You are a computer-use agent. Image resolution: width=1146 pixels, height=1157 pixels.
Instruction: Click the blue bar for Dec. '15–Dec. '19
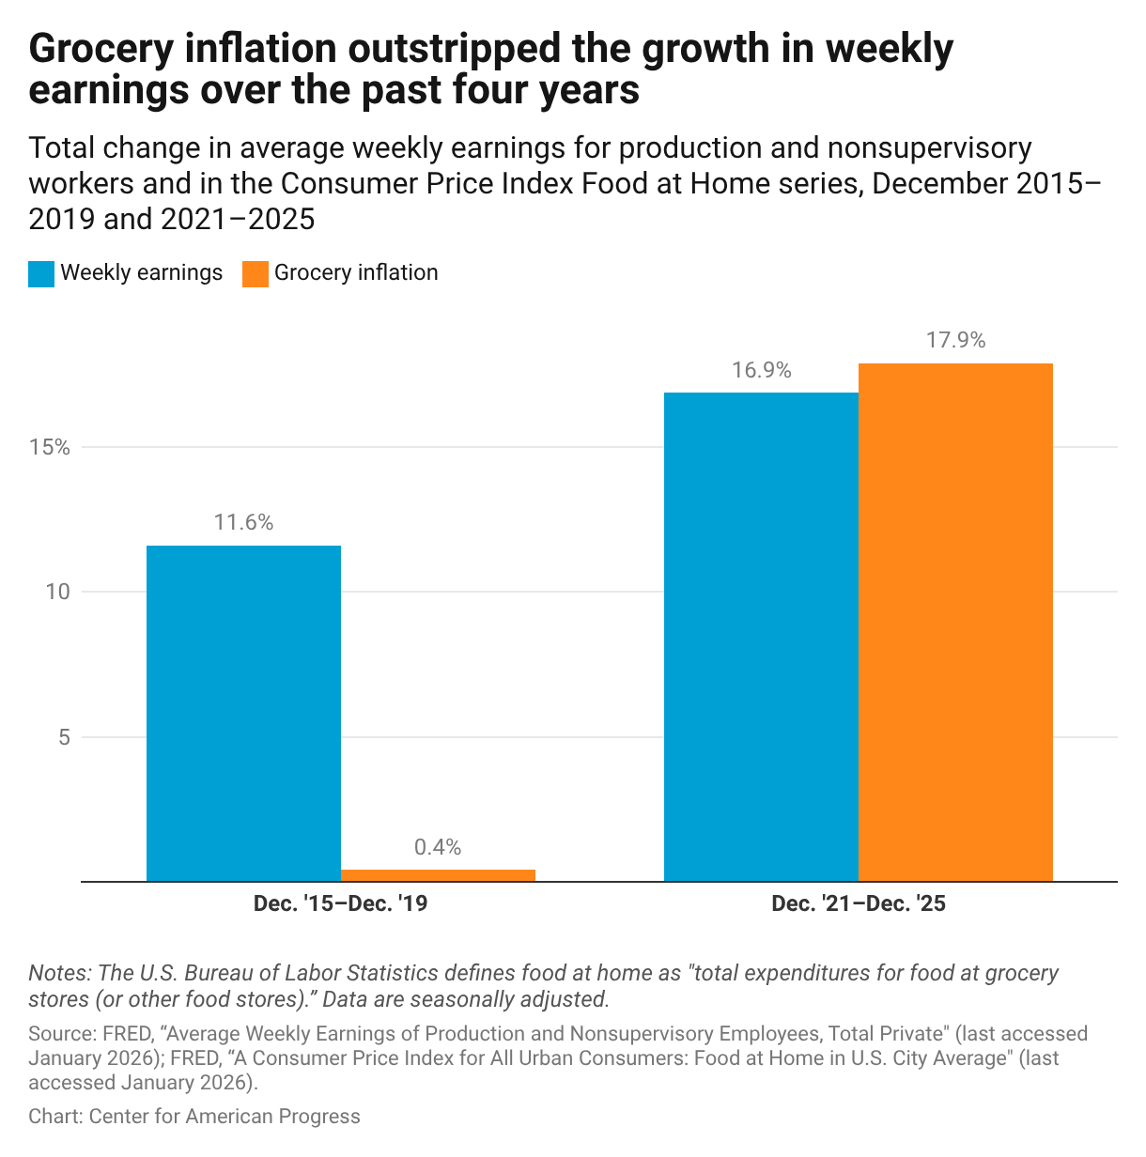(243, 714)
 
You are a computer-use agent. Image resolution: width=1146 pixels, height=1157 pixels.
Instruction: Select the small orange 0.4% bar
(438, 875)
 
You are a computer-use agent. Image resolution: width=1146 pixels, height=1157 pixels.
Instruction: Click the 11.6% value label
(243, 523)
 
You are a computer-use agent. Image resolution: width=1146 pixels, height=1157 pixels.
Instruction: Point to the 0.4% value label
(438, 847)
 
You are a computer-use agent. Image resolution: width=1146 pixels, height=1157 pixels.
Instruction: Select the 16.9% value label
(761, 370)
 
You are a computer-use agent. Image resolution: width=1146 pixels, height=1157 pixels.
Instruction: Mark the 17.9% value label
(955, 341)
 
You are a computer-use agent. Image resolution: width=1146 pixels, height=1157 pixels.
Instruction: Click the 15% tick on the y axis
(50, 447)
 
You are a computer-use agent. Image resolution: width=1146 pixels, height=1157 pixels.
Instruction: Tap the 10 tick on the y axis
(58, 592)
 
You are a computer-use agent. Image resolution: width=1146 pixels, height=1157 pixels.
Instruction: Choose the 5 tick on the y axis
(64, 737)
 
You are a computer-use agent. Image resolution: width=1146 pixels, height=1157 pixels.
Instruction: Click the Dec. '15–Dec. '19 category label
(341, 904)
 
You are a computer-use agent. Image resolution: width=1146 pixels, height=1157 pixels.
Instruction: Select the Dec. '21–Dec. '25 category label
(858, 904)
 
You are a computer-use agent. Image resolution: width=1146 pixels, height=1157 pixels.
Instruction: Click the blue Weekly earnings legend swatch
(41, 273)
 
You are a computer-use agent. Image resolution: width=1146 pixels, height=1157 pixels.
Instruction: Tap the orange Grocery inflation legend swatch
(256, 273)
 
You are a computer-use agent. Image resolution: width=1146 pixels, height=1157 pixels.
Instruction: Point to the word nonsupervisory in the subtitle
(919, 148)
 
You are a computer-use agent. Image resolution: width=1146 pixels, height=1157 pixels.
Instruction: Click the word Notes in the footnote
(58, 973)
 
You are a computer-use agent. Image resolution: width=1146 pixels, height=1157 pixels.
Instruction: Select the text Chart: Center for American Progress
(194, 1117)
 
